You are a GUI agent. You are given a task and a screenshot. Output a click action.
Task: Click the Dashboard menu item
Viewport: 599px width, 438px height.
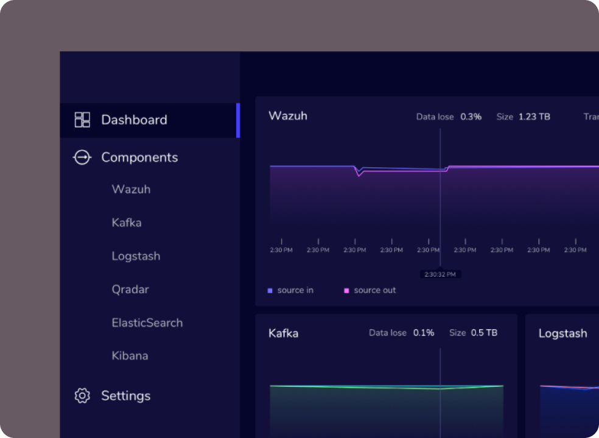(134, 120)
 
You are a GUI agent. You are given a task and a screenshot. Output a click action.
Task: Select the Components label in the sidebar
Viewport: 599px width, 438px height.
(139, 158)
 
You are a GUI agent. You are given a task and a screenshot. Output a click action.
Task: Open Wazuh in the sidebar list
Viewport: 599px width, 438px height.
(131, 189)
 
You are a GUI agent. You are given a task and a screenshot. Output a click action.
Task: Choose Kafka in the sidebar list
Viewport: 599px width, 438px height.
(127, 223)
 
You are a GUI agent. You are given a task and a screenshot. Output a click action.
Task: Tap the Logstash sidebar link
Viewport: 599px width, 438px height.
(136, 256)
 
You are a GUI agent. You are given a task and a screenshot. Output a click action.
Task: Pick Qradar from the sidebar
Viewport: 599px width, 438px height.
(130, 290)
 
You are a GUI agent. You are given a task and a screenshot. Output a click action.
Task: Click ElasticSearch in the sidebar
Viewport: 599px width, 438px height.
(147, 323)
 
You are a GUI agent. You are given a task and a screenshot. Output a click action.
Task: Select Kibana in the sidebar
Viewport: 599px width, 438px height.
(130, 356)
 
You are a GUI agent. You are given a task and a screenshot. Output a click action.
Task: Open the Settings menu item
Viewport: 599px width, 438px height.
(125, 395)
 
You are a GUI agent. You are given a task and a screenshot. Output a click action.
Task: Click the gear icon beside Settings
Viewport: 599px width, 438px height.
(82, 395)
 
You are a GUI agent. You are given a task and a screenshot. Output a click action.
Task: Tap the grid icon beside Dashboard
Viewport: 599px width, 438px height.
(82, 120)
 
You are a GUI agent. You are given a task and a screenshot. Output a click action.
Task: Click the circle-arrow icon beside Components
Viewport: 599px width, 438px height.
(82, 158)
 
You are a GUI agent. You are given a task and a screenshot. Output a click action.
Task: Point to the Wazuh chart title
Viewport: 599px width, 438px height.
(287, 116)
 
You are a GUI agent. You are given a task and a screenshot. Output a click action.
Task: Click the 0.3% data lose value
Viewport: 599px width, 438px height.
(471, 116)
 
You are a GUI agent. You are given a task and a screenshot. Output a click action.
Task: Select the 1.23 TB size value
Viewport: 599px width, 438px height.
(534, 116)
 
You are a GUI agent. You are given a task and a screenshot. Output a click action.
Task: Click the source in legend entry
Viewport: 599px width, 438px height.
(295, 290)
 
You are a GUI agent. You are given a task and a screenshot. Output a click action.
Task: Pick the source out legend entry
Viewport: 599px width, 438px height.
(374, 290)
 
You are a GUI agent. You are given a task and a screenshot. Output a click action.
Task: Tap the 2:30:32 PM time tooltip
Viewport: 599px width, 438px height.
(440, 274)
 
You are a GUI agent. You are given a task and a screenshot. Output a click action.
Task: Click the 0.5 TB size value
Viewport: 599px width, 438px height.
(484, 333)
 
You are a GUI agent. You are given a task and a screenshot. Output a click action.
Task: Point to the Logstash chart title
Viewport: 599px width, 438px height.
(562, 333)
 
